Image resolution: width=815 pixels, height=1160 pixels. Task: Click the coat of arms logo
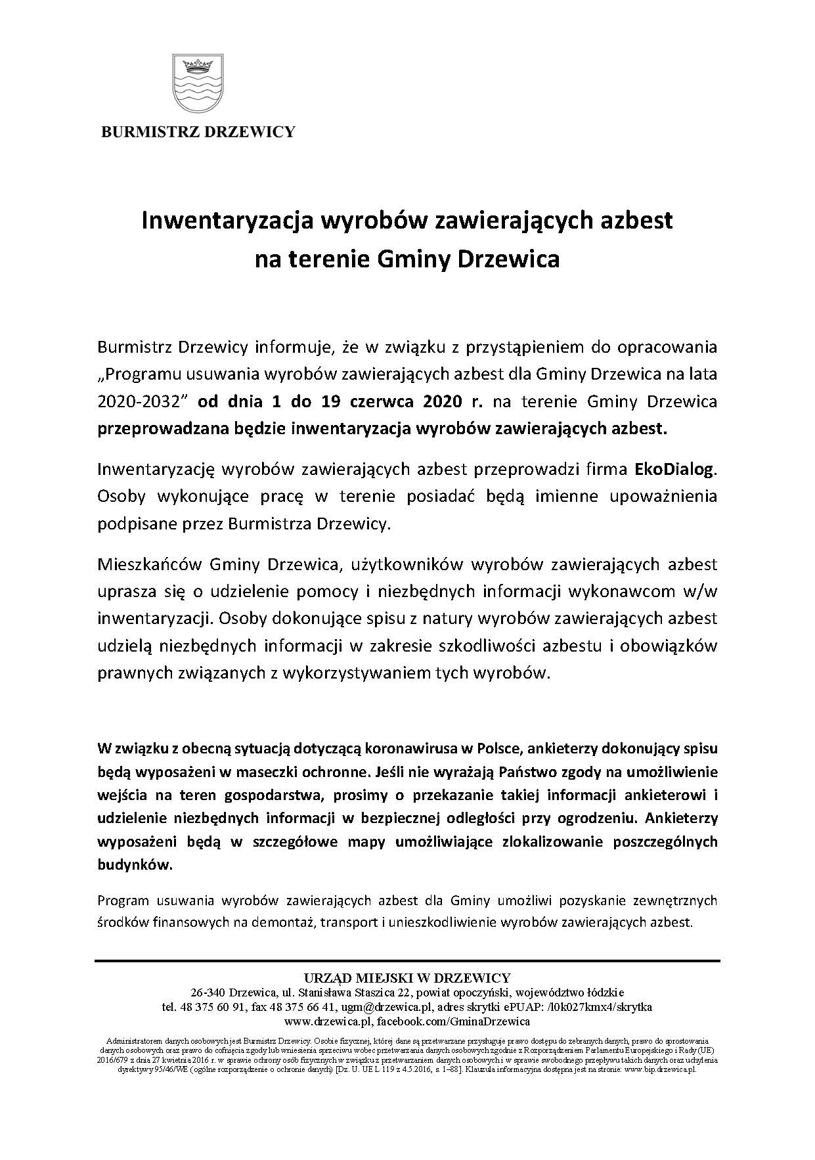pos(198,84)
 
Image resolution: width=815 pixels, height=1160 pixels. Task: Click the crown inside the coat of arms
pos(198,64)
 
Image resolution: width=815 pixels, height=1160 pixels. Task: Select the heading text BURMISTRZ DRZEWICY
pos(198,131)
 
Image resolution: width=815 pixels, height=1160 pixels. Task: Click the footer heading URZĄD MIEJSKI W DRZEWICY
pos(407,978)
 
